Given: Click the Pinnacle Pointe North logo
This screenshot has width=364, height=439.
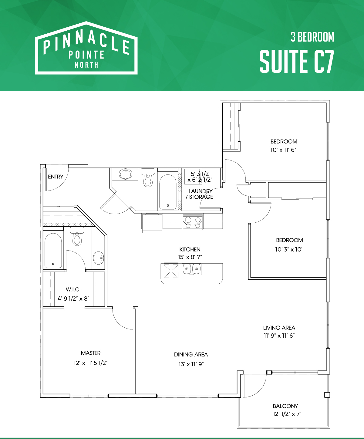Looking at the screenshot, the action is [86, 48].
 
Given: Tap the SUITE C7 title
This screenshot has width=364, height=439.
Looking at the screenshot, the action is [297, 62].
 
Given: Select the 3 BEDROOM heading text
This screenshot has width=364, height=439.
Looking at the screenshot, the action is [312, 37].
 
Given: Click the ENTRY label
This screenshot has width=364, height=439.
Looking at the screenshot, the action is [56, 177].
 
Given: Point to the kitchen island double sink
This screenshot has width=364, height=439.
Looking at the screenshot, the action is [192, 269].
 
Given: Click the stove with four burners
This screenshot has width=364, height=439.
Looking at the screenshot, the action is [193, 222].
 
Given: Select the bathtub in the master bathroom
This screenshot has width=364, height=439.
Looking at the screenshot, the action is [53, 251].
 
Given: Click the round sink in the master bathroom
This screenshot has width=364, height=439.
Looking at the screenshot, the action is [99, 258].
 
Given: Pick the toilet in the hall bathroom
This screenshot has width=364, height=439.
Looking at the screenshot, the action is [148, 177].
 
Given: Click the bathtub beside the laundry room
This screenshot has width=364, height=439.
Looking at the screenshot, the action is [168, 192].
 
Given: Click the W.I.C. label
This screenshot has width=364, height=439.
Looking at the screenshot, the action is [73, 289].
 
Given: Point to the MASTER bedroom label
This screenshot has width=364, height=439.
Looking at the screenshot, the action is [91, 353].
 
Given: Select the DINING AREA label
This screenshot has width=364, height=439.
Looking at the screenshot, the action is [191, 354].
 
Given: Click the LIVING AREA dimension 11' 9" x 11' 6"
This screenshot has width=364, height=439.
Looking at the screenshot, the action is [279, 336].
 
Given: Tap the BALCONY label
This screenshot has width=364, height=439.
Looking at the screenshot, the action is [285, 406].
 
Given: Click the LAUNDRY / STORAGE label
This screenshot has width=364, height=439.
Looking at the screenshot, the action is [200, 194].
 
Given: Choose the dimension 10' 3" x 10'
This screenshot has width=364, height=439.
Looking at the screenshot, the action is [289, 250].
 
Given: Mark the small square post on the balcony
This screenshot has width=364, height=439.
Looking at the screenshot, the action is [327, 395].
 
